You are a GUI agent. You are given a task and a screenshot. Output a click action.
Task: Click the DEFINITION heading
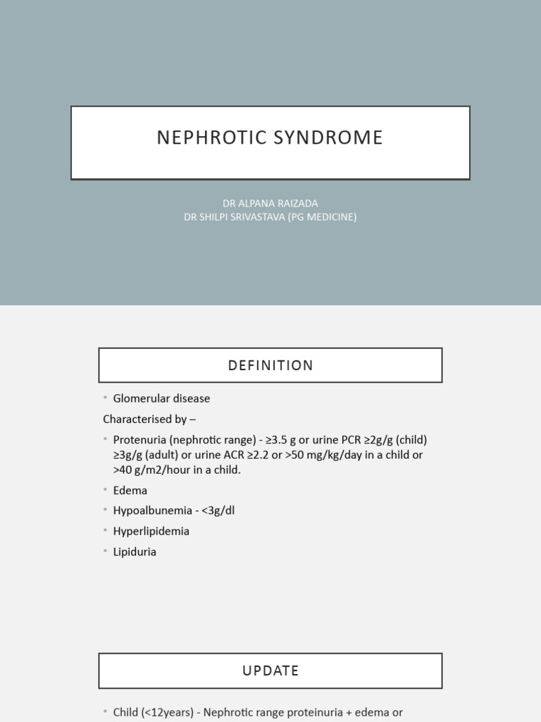point(270,365)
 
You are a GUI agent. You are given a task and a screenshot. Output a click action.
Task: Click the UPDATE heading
point(270,671)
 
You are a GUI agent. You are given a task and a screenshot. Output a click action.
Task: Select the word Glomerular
point(142,398)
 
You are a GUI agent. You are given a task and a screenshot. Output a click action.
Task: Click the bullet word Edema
point(130,490)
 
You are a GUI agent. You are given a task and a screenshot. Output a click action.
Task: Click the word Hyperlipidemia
point(151,531)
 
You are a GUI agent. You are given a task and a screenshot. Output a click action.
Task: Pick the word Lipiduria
point(135,551)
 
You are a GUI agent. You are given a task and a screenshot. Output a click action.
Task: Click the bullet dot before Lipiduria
point(106,551)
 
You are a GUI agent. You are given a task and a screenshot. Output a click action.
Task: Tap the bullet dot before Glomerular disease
point(106,398)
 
